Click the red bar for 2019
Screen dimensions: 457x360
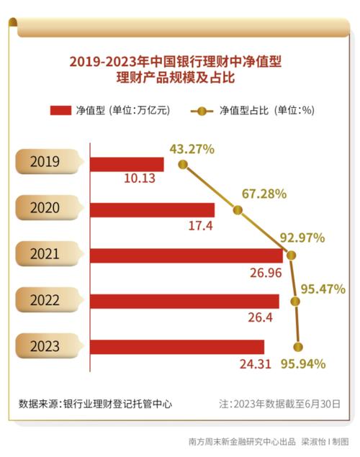pyautogui.click(x=126, y=164)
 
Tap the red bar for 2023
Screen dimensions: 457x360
pyautogui.click(x=176, y=347)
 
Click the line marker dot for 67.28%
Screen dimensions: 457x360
pyautogui.click(x=238, y=210)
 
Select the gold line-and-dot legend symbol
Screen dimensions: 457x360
pyautogui.click(x=202, y=111)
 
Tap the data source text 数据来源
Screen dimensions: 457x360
pyautogui.click(x=96, y=404)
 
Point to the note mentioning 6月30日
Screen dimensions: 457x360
pyautogui.click(x=279, y=404)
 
